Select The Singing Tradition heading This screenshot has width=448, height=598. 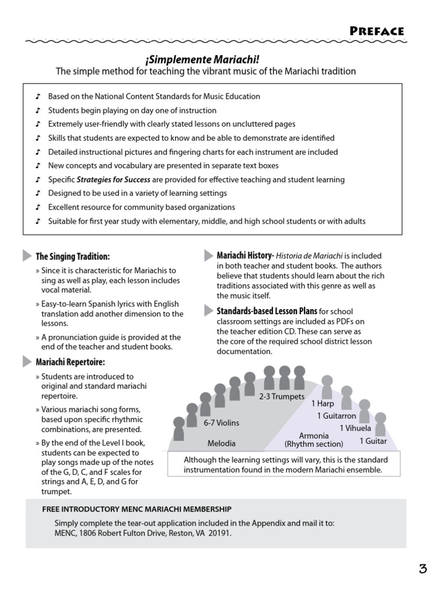click(72, 256)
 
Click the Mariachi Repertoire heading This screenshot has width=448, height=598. click(70, 362)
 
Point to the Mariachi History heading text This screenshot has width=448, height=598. click(245, 256)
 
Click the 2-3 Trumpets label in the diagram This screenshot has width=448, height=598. click(282, 397)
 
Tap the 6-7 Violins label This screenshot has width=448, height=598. click(221, 422)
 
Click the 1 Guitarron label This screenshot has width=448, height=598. click(337, 416)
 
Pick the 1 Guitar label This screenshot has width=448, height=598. click(373, 441)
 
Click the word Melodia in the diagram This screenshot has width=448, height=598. click(222, 443)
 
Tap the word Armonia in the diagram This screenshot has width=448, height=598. click(314, 436)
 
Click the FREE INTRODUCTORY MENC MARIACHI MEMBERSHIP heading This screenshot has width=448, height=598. click(137, 509)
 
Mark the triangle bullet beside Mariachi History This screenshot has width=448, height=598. click(208, 256)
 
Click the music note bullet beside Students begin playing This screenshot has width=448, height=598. click(38, 110)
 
